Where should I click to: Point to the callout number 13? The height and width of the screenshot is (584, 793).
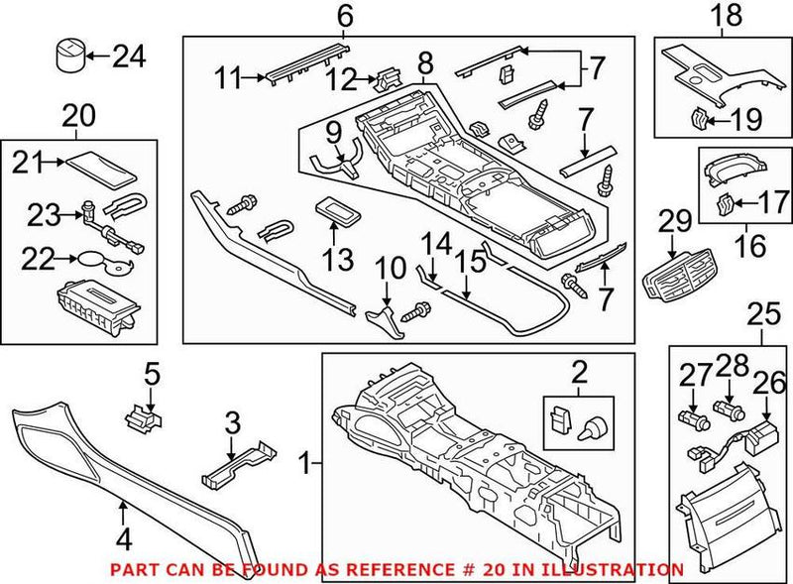tap(338, 259)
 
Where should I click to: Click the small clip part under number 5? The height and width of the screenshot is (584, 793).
tap(143, 416)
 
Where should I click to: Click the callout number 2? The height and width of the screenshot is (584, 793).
tap(579, 373)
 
